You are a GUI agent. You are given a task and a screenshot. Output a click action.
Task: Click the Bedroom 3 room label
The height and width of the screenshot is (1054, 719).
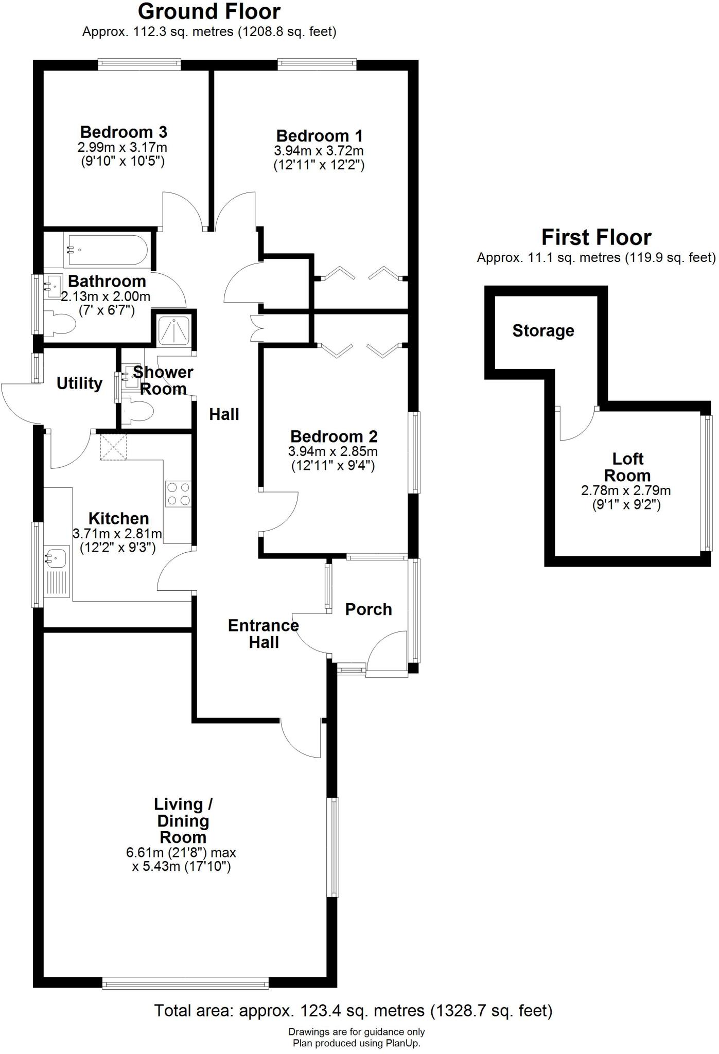click(x=124, y=132)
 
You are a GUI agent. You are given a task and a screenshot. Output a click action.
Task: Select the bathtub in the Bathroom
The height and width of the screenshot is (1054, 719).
click(x=107, y=250)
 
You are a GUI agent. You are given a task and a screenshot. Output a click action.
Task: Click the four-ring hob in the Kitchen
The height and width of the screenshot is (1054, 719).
click(x=178, y=494)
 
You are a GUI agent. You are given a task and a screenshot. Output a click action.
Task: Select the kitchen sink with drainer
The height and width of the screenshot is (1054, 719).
click(x=57, y=571)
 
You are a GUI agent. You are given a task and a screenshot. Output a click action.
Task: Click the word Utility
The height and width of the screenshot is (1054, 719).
click(x=79, y=383)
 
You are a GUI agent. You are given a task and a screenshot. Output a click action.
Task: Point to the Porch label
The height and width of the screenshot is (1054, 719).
click(x=369, y=609)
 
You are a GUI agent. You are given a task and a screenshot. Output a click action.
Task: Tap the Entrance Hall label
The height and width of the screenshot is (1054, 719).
click(x=264, y=634)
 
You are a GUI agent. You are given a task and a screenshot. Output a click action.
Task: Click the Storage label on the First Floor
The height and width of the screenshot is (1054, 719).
click(x=543, y=330)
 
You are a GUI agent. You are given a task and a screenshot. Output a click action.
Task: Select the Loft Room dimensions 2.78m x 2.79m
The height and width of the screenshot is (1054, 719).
click(x=626, y=490)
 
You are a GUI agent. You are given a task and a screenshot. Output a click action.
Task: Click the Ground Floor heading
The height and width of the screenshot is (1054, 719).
click(x=209, y=11)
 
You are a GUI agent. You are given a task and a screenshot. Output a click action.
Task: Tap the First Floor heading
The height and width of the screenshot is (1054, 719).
click(x=596, y=237)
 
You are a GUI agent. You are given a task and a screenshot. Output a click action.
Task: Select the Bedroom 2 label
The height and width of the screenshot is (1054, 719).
click(x=334, y=436)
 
